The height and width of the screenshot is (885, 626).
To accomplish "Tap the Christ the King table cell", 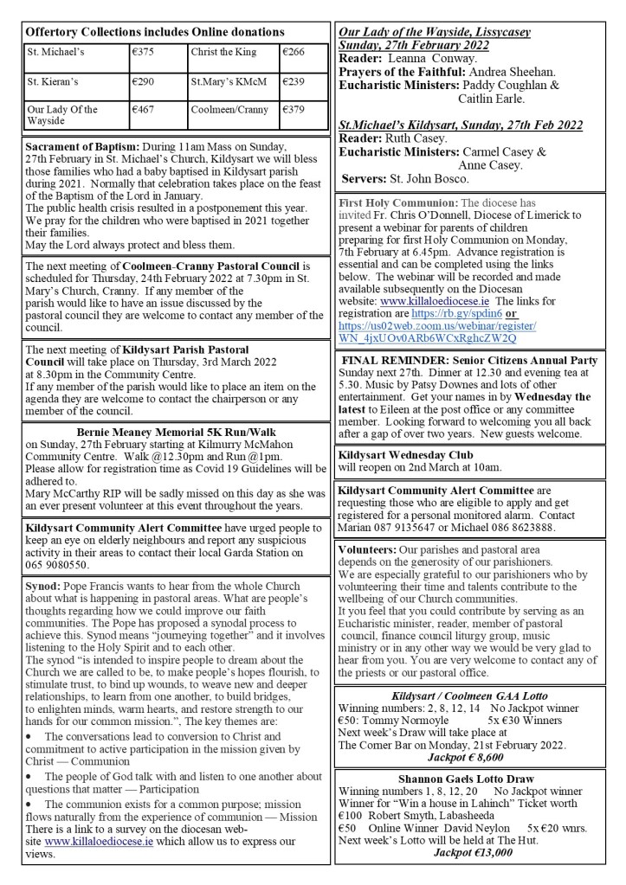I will coord(224,52).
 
